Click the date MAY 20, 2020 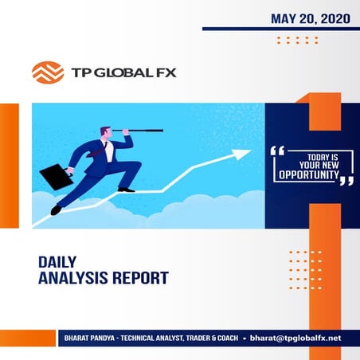tap(305, 17)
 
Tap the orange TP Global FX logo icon tap(47, 72)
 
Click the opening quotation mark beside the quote tap(278, 150)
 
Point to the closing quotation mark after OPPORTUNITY tap(346, 180)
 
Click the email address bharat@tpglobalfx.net tap(295, 338)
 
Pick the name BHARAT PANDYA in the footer tap(88, 338)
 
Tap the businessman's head tap(107, 135)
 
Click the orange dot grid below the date tap(296, 40)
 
